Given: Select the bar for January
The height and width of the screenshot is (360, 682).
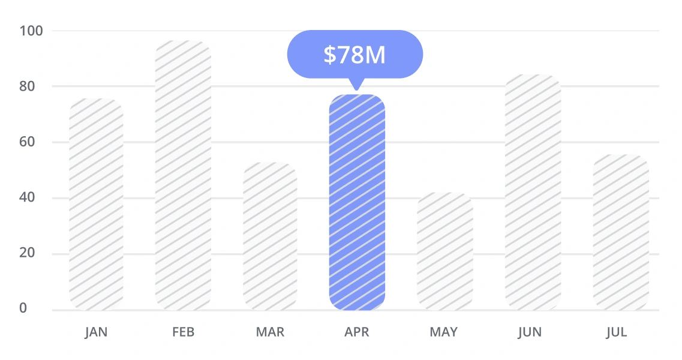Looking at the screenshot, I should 96,204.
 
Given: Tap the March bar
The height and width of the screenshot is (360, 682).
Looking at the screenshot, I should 270,236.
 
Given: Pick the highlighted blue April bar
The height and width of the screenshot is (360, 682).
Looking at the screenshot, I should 357,202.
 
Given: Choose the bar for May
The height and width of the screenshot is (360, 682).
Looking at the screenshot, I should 444,251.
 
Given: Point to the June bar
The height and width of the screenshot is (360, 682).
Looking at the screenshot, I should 533,192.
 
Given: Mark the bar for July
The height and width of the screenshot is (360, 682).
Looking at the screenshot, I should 620,232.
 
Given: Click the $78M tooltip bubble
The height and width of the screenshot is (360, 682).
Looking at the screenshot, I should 354,55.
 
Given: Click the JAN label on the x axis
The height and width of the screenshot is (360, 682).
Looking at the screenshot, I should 96,332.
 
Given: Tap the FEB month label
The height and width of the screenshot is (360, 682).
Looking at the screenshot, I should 183,332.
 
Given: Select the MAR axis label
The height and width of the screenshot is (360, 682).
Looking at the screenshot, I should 270,332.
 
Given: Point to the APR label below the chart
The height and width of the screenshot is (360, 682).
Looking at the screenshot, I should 357,332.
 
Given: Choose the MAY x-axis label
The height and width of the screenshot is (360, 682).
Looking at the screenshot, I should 444,332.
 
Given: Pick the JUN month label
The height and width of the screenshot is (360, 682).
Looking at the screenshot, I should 530,332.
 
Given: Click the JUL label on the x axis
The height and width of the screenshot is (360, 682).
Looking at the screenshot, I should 616,332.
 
